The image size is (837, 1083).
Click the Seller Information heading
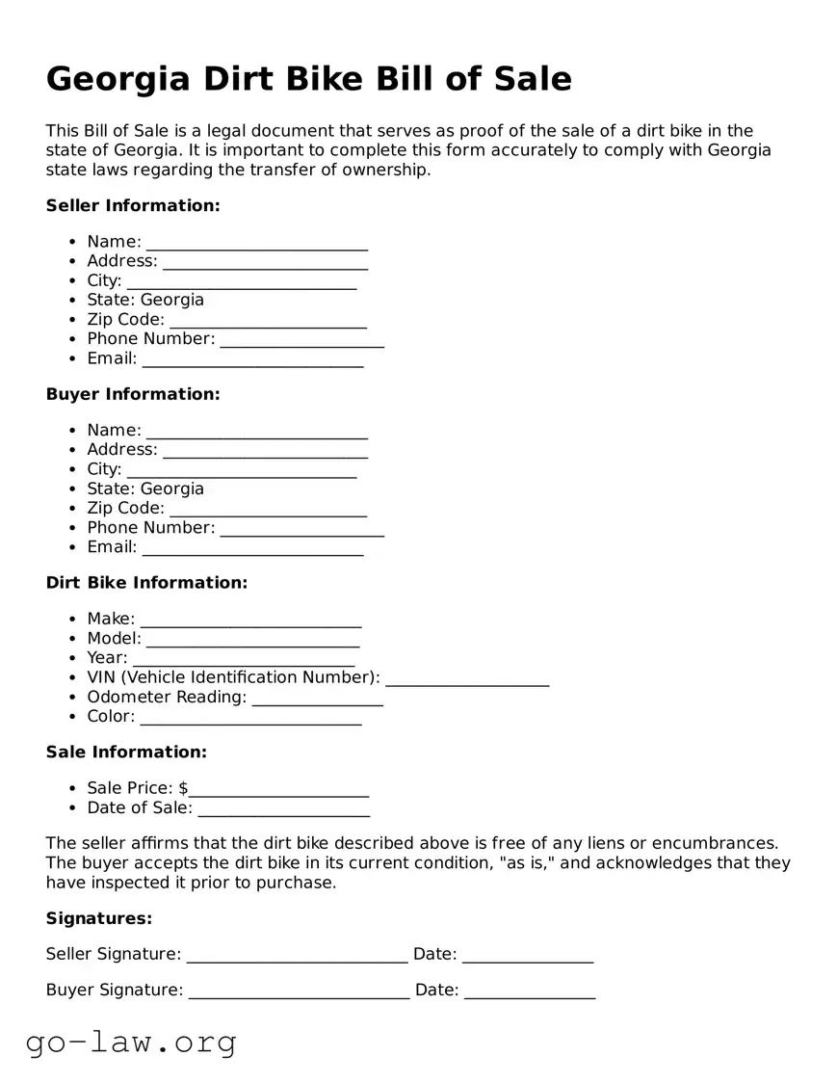(x=133, y=205)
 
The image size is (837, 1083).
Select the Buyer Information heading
(x=133, y=394)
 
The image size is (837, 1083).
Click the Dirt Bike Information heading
(x=146, y=583)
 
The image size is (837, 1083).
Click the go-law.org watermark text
(x=131, y=1043)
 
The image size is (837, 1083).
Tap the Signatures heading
(x=99, y=919)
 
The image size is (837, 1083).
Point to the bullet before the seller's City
(x=73, y=281)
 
